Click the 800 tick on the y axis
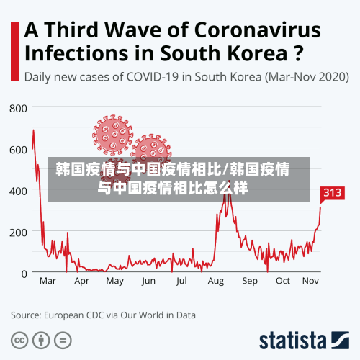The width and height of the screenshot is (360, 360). [x=18, y=108]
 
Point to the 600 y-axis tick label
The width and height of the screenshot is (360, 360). [x=18, y=149]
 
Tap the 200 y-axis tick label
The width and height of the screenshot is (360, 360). [x=18, y=232]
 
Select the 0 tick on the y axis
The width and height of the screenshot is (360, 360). [x=24, y=274]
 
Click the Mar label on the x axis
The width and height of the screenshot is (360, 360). [x=48, y=281]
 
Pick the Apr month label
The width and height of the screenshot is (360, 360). [x=81, y=281]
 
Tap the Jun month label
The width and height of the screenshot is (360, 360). [x=148, y=281]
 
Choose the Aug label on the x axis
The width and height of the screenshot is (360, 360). [x=215, y=281]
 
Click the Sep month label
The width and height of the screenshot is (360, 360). [x=249, y=281]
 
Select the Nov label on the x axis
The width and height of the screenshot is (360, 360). [x=310, y=281]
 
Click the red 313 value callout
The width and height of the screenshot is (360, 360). [x=332, y=193]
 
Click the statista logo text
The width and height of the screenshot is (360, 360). [x=292, y=340]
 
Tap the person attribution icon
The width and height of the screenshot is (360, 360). [x=42, y=339]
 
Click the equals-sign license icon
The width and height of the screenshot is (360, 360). [x=63, y=339]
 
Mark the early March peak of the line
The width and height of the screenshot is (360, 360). [x=33, y=130]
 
